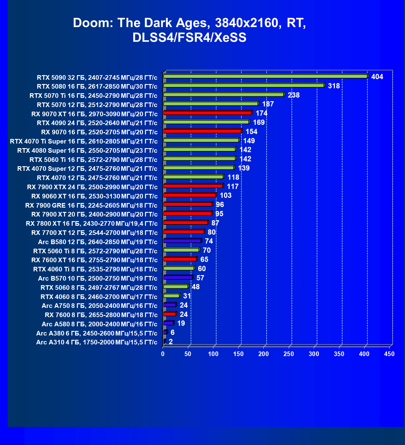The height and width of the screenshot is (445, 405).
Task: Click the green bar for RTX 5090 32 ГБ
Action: point(265,76)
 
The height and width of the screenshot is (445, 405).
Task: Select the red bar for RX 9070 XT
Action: point(207,113)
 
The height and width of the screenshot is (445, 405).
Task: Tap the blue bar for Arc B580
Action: point(182,241)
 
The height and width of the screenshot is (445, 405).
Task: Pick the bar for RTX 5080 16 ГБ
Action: point(244,86)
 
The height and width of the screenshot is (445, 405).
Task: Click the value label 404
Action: point(377,77)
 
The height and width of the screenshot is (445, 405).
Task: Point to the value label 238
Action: point(294,95)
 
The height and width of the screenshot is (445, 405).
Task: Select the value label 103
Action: point(226,196)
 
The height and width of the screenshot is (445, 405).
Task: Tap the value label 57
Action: point(200,278)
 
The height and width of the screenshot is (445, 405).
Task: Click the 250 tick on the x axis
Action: point(288,354)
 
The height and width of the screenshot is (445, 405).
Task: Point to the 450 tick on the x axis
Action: point(389,354)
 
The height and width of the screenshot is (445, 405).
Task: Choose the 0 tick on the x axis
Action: point(163,354)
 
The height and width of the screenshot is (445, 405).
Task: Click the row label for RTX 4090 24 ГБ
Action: point(97,123)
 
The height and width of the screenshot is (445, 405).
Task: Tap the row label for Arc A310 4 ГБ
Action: point(97,342)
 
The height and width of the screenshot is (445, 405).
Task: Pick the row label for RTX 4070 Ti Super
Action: point(83,141)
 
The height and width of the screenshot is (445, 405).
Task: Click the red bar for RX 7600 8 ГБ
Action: point(170,314)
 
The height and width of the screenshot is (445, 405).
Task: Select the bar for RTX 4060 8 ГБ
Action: point(172,296)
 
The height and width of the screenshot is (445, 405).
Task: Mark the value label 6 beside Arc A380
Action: point(172,333)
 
